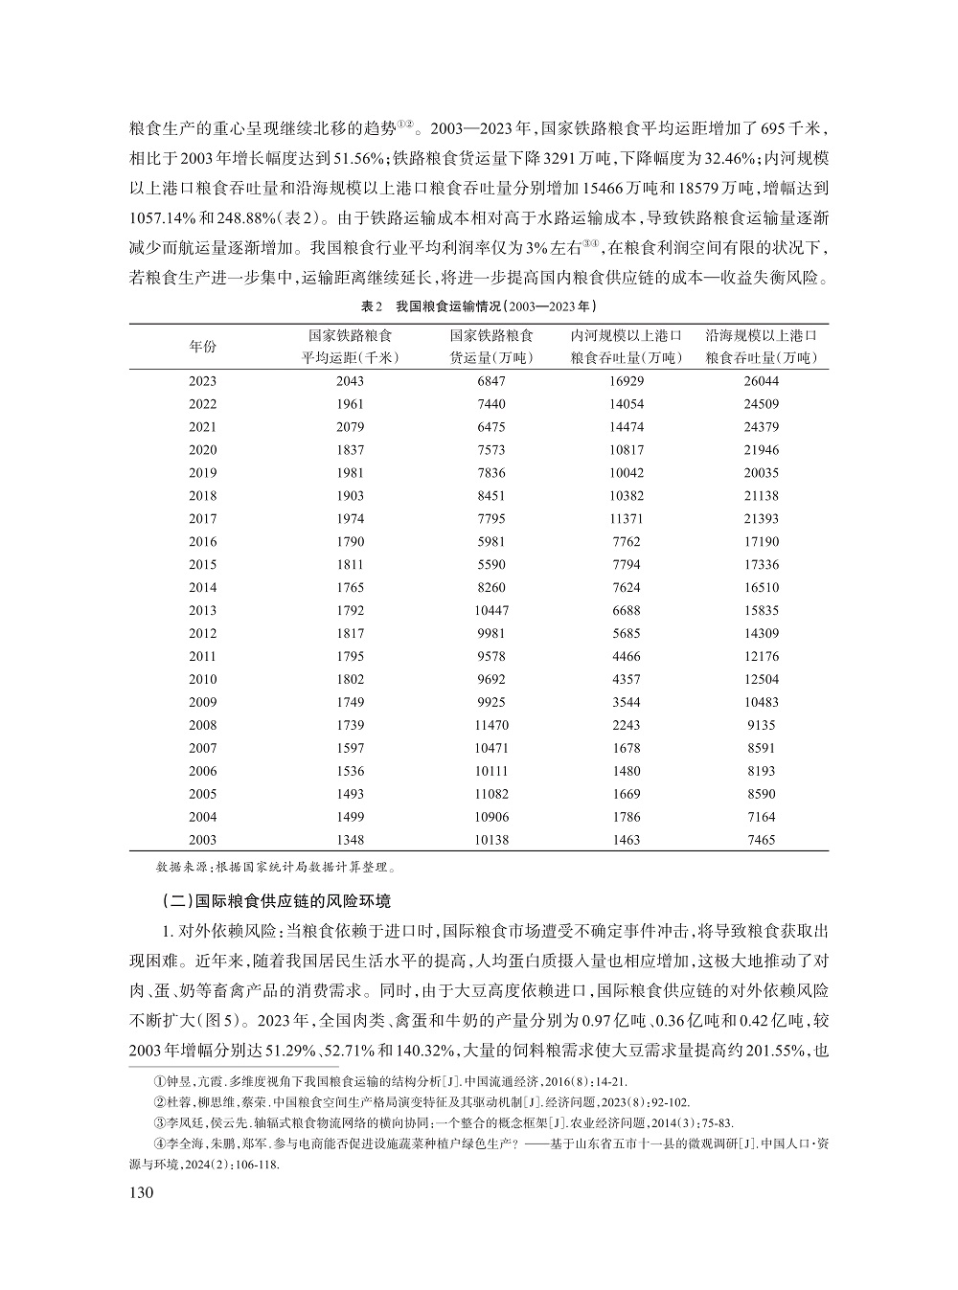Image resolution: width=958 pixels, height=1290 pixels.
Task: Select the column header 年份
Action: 202,347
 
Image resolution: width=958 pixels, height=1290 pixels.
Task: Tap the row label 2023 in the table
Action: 202,381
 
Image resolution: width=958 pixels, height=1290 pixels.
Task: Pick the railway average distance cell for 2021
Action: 351,427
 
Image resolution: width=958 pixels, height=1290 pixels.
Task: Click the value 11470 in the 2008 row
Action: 492,725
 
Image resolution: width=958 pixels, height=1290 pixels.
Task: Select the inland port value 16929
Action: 627,381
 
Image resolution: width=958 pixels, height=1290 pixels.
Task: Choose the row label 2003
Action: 202,840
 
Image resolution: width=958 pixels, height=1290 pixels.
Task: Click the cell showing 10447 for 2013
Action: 492,610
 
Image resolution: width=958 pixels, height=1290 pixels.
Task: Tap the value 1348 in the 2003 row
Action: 351,840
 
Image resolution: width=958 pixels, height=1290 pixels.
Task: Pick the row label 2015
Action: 202,564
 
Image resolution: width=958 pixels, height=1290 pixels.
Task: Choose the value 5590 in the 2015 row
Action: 492,564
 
